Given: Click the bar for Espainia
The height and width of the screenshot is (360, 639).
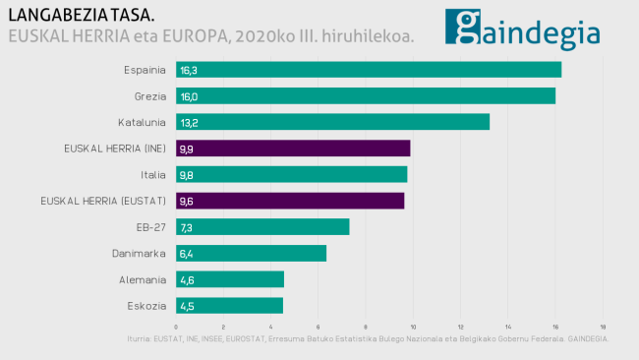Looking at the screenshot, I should (x=369, y=70).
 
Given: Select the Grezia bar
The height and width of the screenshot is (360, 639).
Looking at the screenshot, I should (x=366, y=96).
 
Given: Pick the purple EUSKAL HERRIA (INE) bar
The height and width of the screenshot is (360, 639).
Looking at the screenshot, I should (x=293, y=149).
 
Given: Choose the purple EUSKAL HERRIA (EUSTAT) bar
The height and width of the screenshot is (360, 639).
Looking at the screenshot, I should (x=290, y=201).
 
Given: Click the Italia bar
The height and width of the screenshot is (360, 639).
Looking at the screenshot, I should (x=291, y=174).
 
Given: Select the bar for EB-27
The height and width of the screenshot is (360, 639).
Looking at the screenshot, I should (x=262, y=226).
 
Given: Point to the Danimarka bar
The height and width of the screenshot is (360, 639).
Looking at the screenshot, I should (x=251, y=253).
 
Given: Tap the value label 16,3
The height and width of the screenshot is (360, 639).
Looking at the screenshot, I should (x=188, y=71).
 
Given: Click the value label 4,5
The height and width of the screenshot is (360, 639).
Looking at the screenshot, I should (x=187, y=306).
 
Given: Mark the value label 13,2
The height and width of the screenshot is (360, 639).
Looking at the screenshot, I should (x=188, y=123).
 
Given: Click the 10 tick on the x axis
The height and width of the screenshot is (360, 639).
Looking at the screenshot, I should (x=413, y=327).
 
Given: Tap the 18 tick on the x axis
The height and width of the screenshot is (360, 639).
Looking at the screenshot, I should (x=602, y=327).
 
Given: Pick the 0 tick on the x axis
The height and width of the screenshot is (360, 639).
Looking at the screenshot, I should (x=176, y=327).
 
